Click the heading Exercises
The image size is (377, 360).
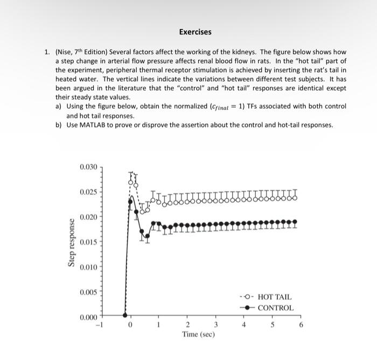point(196,32)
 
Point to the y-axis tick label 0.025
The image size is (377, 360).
point(89,192)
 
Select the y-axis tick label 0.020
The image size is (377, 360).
point(89,217)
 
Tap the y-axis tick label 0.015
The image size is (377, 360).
point(89,242)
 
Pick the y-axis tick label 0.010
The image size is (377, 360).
point(89,267)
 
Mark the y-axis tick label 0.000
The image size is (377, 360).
point(89,317)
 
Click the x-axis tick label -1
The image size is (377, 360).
point(99,324)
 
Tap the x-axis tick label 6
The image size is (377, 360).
point(301,324)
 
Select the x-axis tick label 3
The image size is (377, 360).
point(215,324)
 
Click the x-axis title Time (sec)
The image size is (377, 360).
point(199,334)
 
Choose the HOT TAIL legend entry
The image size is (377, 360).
point(275,297)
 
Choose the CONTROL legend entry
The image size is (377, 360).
point(276,308)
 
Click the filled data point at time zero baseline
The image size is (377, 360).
point(125,316)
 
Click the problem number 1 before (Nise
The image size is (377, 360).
point(47,52)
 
